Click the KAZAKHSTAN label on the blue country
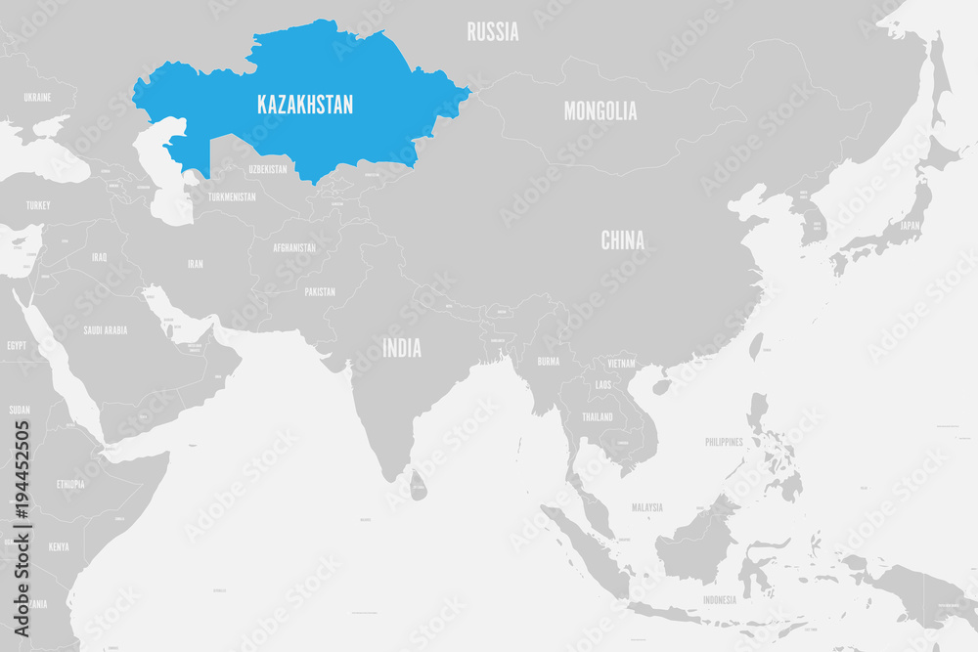(305, 105)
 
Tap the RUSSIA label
(493, 31)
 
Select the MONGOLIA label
(600, 110)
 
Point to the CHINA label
(622, 239)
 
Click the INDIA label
(402, 347)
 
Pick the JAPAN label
(910, 225)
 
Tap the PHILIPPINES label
(724, 442)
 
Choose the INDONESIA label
(720, 599)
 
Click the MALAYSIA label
(646, 507)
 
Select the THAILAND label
(597, 416)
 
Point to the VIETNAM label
(620, 363)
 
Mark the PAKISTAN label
(319, 291)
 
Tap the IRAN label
(196, 264)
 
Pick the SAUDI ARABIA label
(105, 330)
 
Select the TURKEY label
(38, 205)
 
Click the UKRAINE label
(37, 98)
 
